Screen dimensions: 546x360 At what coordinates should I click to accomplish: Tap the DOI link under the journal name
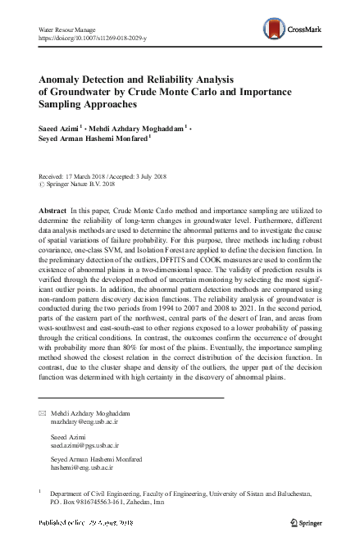89,38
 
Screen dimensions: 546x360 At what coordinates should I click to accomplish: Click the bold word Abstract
53,211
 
